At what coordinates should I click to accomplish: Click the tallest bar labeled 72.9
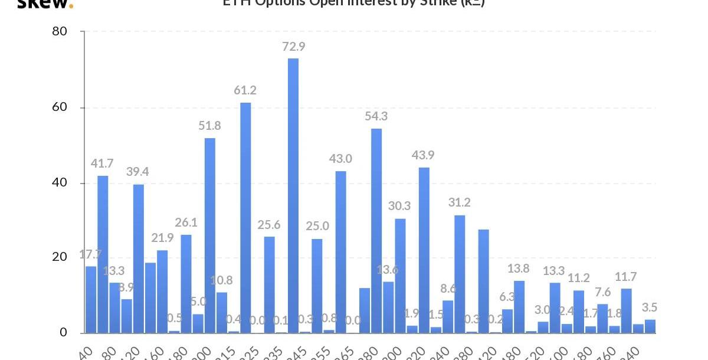point(293,195)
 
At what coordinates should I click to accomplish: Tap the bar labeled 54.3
point(376,230)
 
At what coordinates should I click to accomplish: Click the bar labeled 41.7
point(103,254)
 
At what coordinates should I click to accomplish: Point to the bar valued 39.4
point(139,258)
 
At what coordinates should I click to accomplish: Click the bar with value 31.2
point(460,274)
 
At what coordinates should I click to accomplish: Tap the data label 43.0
point(340,158)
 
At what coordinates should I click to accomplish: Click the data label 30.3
point(400,206)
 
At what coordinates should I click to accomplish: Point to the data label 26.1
point(186,222)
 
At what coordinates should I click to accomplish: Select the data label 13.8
point(519,269)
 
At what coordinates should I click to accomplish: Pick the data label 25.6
point(269,224)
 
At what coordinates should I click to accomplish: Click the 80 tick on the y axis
point(60,31)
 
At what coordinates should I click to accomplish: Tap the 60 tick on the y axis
point(60,107)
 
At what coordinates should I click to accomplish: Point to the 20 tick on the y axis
point(60,257)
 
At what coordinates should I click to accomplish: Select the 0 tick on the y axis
point(64,332)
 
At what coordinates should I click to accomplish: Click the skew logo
point(44,4)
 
